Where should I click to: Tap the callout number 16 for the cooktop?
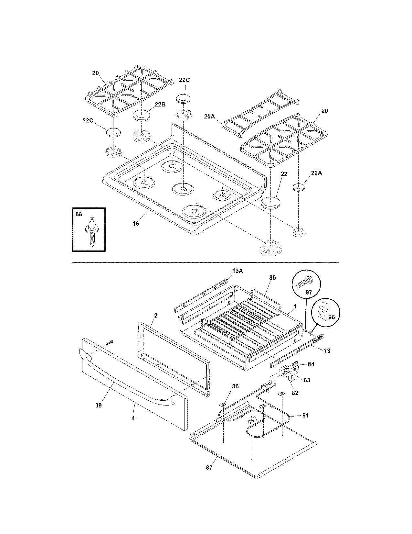click(136, 224)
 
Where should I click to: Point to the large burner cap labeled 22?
click(270, 203)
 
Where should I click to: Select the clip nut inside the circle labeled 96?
click(322, 311)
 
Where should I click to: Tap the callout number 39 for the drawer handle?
click(98, 405)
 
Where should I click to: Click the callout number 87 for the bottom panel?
click(209, 467)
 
